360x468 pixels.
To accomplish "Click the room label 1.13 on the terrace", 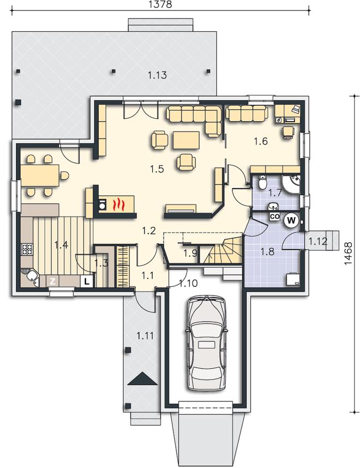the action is click(x=157, y=75).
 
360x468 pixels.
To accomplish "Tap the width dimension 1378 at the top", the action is click(x=160, y=4).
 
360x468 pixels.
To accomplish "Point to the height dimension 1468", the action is click(x=348, y=253).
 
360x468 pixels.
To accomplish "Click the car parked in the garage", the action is click(x=206, y=343).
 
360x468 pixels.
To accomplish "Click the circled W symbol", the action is click(x=291, y=220).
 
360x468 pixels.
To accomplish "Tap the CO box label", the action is click(x=274, y=217).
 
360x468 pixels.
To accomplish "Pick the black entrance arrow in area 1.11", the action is click(x=142, y=379).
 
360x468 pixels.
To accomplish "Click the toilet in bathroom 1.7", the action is click(x=262, y=183).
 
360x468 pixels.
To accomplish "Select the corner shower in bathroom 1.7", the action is click(x=291, y=184).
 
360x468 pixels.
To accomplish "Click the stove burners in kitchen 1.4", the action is click(x=27, y=249).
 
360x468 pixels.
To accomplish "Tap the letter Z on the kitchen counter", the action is click(x=52, y=281).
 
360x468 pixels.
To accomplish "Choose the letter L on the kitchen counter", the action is click(x=87, y=281).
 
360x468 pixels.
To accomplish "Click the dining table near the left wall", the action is click(x=40, y=176).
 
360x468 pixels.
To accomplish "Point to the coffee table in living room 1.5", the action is click(x=186, y=140).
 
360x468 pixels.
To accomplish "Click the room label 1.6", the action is click(x=261, y=141).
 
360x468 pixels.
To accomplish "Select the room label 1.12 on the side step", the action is click(x=318, y=241).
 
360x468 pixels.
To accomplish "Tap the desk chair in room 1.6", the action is click(x=288, y=132).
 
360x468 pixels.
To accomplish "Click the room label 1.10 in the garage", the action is click(x=188, y=283).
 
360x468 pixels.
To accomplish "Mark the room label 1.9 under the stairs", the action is click(x=190, y=253).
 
